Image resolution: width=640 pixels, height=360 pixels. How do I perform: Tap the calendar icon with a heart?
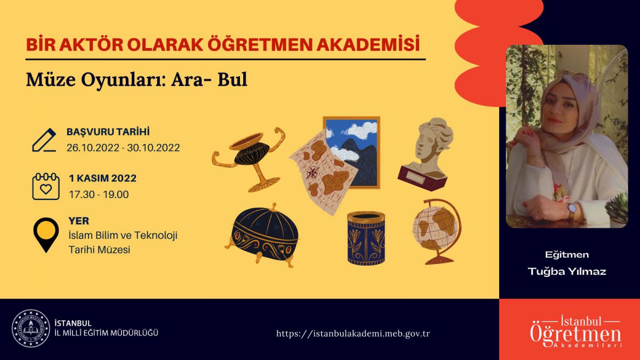click(46, 186)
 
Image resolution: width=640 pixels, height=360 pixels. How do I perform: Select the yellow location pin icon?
click(46, 235)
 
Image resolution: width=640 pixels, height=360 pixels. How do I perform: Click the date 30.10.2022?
click(154, 148)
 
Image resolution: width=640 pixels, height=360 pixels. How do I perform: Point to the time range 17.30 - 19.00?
click(99, 195)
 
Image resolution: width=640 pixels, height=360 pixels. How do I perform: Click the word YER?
click(79, 221)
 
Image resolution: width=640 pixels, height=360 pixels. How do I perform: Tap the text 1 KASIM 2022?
click(102, 178)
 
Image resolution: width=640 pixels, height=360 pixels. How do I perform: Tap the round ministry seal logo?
click(31, 329)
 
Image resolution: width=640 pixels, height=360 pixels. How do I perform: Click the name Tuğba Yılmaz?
click(567, 271)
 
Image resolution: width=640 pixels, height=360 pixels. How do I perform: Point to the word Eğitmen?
click(567, 254)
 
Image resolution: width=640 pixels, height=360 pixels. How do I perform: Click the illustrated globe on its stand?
click(437, 231)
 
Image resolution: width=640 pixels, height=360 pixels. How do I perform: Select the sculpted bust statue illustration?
click(426, 154)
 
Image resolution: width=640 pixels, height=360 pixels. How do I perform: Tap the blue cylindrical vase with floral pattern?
click(366, 238)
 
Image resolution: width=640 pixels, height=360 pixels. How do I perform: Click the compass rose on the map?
click(313, 172)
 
